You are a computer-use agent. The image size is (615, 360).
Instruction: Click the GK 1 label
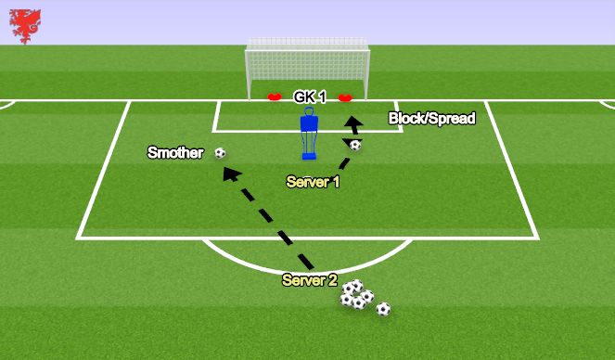[309, 96]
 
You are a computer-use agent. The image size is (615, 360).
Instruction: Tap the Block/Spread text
[431, 119]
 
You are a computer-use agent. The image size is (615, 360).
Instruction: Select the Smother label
[175, 153]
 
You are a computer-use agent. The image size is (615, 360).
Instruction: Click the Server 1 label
[313, 182]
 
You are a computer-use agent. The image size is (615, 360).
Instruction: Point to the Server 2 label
[309, 279]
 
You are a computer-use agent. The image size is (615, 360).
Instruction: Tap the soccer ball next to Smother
[220, 153]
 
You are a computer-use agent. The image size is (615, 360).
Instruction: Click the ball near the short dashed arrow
[355, 145]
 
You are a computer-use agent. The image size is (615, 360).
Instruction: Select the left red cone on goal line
[274, 96]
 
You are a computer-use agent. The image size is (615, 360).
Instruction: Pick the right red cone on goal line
[345, 96]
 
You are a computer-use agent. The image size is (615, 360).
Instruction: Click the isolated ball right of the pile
[383, 309]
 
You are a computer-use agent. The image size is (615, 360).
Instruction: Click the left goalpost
[248, 73]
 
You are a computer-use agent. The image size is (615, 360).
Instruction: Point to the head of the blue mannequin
[309, 114]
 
